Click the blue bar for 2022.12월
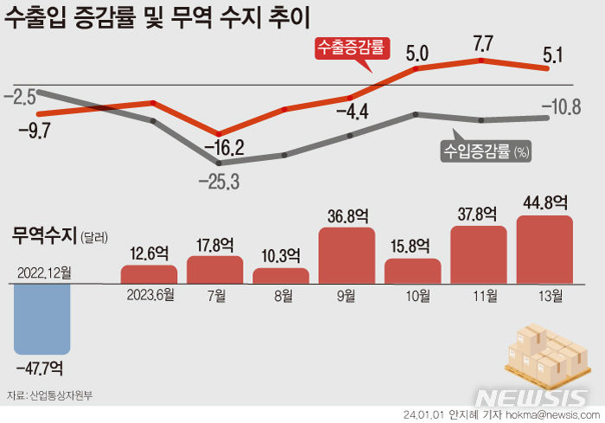pyautogui.click(x=42, y=317)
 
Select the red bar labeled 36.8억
pyautogui.click(x=347, y=255)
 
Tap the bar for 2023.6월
pyautogui.click(x=149, y=274)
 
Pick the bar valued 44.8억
pyautogui.click(x=544, y=249)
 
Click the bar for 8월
pyautogui.click(x=281, y=276)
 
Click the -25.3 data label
pyautogui.click(x=219, y=182)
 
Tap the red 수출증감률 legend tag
pyautogui.click(x=350, y=48)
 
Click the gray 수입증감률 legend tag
pyautogui.click(x=484, y=151)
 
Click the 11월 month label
pyautogui.click(x=480, y=296)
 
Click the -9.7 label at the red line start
pyautogui.click(x=35, y=131)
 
